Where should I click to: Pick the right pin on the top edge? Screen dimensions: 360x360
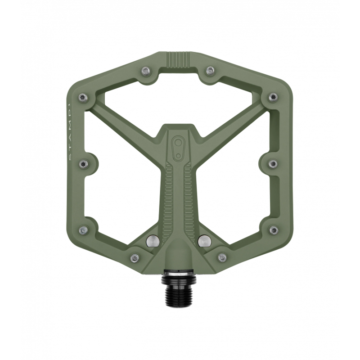[210, 70]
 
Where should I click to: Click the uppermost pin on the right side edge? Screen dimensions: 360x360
[273, 97]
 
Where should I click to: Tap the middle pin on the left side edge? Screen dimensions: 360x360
[83, 164]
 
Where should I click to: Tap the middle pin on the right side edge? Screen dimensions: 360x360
[272, 164]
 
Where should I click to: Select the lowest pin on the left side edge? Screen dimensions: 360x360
[83, 230]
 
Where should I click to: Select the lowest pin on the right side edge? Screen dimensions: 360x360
[273, 230]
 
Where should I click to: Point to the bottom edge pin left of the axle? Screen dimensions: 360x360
[134, 258]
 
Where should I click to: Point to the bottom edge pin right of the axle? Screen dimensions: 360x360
[222, 258]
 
